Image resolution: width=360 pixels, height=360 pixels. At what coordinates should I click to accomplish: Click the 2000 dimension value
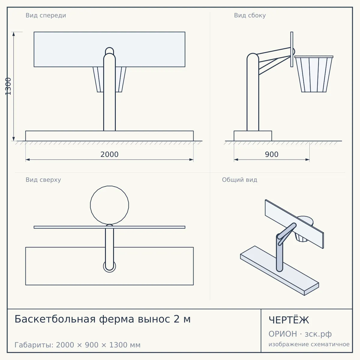coord(109,154)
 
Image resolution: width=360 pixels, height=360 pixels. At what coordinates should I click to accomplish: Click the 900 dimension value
coord(271,154)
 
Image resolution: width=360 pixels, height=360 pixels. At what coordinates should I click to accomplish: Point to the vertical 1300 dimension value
coord(8,86)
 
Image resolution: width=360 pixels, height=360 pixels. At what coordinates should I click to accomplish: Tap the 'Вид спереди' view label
coord(46,15)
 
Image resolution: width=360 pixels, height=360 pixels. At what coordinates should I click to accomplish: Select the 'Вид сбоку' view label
coord(250,15)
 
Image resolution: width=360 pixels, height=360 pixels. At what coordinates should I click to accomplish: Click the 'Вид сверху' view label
coord(43,180)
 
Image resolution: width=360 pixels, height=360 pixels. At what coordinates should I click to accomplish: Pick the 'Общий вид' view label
coord(239,180)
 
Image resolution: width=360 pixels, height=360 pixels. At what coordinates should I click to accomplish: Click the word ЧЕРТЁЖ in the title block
coord(289,320)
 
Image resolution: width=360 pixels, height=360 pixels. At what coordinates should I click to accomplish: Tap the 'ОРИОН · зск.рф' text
coord(300,334)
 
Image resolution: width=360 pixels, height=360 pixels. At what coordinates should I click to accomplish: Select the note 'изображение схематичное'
coord(309,344)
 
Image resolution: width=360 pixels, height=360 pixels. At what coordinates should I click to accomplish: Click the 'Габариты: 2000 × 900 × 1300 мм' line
coord(77,345)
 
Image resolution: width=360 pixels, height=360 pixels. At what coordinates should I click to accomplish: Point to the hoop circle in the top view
coord(109,186)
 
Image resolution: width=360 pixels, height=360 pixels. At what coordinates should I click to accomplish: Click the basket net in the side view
coord(314,75)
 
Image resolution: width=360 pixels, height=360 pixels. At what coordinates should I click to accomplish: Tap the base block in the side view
coord(253,136)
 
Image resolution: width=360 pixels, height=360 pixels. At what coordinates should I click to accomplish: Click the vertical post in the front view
coord(109,93)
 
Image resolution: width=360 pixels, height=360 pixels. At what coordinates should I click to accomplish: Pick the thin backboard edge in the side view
coord(292,49)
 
